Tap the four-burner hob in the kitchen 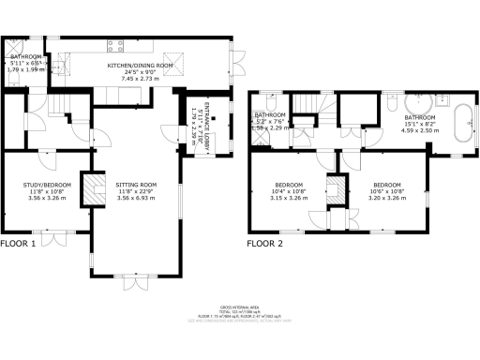(117, 45)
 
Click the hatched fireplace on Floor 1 (92, 190)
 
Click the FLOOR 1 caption (18, 244)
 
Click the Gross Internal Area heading (240, 307)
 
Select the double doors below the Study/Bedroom (58, 232)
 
